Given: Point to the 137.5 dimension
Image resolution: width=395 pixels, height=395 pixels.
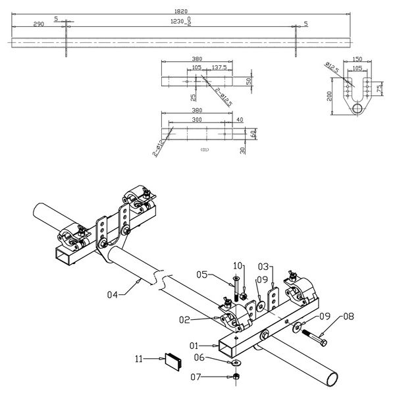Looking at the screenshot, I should pos(219,67).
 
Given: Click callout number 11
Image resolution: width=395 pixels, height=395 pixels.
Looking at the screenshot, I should pos(140,359).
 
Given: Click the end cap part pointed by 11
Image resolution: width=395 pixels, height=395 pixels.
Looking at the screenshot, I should pos(174,359).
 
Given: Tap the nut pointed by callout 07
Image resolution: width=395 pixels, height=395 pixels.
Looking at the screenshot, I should pos(236,377).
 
